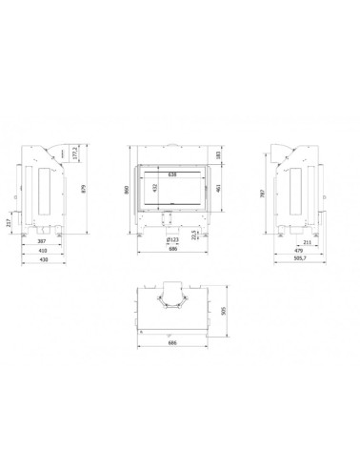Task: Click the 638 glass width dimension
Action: coord(172,174)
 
